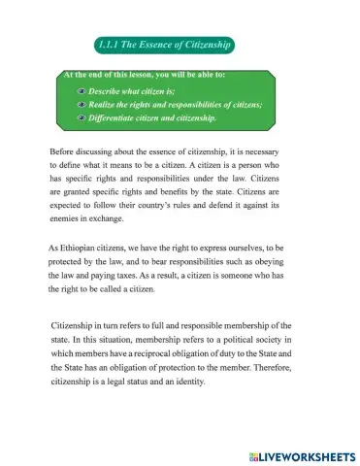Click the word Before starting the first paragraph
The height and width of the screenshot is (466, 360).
[61, 152]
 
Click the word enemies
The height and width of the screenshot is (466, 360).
[66, 221]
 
